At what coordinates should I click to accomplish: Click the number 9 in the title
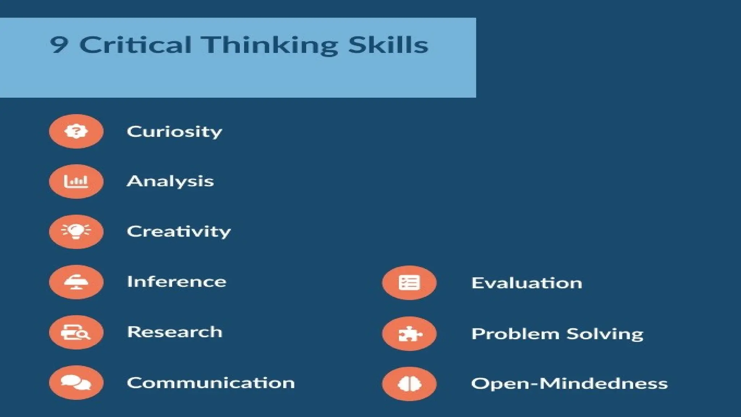tap(59, 45)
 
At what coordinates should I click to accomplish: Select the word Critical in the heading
tap(135, 45)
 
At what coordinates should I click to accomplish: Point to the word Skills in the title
tap(388, 45)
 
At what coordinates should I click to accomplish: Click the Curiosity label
tap(174, 132)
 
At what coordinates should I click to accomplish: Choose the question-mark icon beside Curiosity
tap(76, 131)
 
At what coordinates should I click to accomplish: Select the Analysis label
tap(170, 181)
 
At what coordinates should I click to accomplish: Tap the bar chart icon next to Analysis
tap(76, 181)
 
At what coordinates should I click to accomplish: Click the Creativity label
tap(179, 232)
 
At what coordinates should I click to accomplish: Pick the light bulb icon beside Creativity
tap(76, 232)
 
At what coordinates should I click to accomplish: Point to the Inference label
tap(177, 282)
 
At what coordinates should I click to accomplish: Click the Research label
tap(175, 332)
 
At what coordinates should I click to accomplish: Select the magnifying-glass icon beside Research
tap(76, 332)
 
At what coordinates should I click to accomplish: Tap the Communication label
tap(211, 383)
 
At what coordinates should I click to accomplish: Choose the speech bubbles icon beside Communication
tap(76, 383)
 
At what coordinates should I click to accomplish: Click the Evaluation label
tap(527, 283)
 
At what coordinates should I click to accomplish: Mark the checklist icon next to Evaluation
tap(409, 283)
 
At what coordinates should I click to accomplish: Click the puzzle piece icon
tap(409, 334)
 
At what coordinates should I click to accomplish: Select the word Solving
tap(605, 334)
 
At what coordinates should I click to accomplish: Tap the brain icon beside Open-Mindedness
tap(409, 384)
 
